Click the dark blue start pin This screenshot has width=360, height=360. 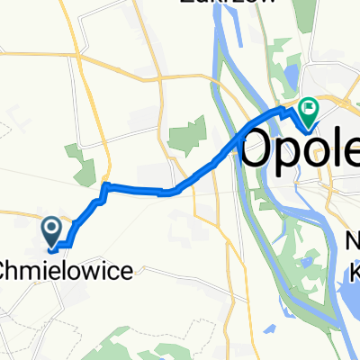(52, 229)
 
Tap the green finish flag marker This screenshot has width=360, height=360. (309, 110)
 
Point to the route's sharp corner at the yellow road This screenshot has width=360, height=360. (104, 186)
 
